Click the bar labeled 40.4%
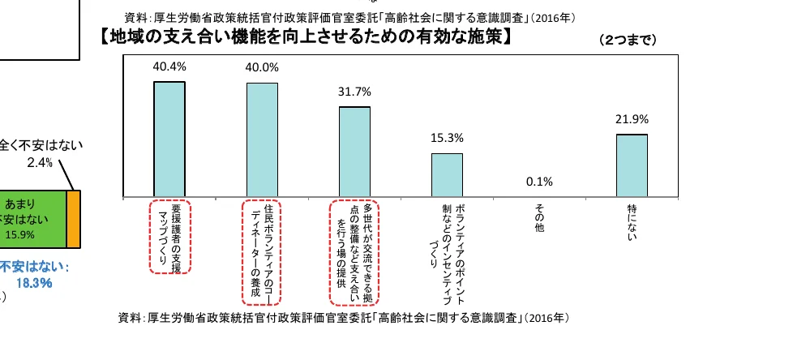(x=169, y=139)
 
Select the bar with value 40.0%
(x=262, y=139)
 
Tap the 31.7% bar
(x=354, y=152)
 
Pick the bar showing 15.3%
(x=447, y=174)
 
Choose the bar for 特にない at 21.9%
(x=632, y=165)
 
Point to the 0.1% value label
(x=538, y=182)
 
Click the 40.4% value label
(x=169, y=66)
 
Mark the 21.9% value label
(x=632, y=119)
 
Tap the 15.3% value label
(x=447, y=138)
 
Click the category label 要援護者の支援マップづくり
(x=169, y=236)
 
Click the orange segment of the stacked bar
(x=74, y=219)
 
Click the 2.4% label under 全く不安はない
(x=39, y=162)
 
